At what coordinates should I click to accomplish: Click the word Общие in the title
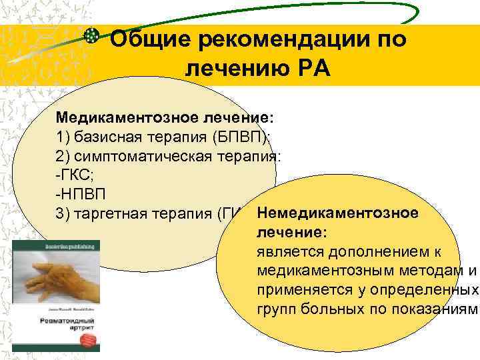point(151,40)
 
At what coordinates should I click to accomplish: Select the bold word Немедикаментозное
point(337,213)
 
